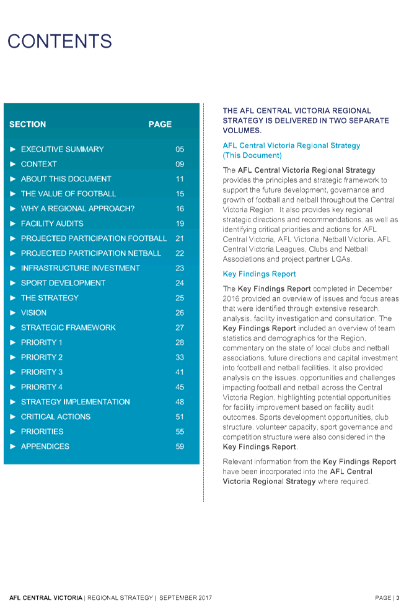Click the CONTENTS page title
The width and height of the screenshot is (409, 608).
coord(59,41)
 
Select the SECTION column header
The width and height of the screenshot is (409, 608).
coord(27,124)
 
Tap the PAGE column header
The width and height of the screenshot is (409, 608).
coord(160,124)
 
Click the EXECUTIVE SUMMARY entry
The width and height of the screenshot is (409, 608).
coord(62,149)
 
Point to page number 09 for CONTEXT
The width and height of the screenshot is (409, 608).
coord(180,164)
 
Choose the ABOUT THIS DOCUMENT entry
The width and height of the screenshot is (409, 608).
coord(66,179)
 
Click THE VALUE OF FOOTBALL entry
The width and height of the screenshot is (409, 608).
coord(68,194)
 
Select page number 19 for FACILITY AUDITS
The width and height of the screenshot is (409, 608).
coord(180,224)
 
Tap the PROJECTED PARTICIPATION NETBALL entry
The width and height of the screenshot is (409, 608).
coord(90,253)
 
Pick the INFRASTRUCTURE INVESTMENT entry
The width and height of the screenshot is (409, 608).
coord(80,268)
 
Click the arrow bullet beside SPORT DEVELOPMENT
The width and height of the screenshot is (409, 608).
coord(13,283)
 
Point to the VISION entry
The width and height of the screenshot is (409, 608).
coord(33,313)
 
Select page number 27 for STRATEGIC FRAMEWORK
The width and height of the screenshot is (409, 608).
coord(180,328)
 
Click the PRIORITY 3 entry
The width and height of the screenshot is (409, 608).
coord(42,372)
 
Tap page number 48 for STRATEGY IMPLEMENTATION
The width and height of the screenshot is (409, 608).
coord(180,402)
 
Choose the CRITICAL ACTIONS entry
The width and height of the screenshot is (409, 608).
coord(55,417)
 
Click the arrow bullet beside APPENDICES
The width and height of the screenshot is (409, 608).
coord(13,446)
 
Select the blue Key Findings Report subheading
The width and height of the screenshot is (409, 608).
coord(259,274)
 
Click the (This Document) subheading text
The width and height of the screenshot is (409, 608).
coord(252,155)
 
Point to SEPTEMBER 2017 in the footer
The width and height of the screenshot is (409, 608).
coord(186,598)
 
